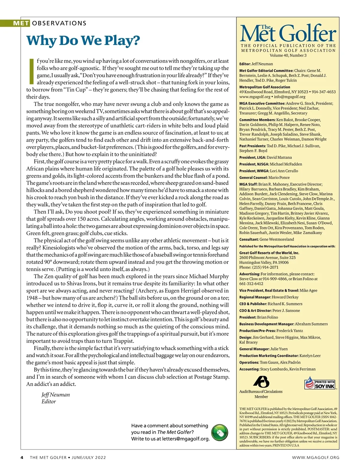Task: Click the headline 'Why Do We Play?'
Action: (x=83, y=40)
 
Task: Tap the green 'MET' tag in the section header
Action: (x=21, y=23)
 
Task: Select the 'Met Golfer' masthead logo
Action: (x=288, y=34)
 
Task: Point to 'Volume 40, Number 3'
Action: (x=288, y=55)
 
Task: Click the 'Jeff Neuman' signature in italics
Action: (x=55, y=395)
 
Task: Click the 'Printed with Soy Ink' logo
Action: (x=320, y=383)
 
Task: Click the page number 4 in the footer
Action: (x=22, y=458)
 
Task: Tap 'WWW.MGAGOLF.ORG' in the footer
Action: (x=316, y=458)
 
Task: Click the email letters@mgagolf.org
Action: (x=185, y=439)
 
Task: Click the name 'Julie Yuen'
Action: (x=279, y=349)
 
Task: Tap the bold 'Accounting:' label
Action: (x=249, y=369)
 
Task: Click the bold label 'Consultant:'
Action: (x=249, y=239)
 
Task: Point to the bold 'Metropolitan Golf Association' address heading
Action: (x=260, y=87)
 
